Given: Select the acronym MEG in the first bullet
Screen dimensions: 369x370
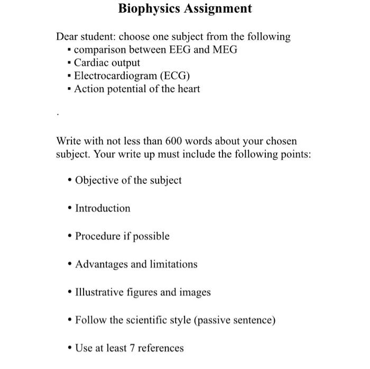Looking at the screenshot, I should click(x=225, y=50).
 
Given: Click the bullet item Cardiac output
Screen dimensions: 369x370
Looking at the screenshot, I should click(x=107, y=63).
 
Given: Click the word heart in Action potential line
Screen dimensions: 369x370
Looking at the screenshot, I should click(x=188, y=89).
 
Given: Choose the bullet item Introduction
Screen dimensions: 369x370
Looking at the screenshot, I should click(x=103, y=208).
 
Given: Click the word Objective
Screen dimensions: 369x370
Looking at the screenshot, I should click(x=97, y=180).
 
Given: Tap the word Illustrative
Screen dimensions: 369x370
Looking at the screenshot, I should click(x=101, y=292).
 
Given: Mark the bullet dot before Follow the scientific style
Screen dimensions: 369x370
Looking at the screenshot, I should click(x=70, y=320).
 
